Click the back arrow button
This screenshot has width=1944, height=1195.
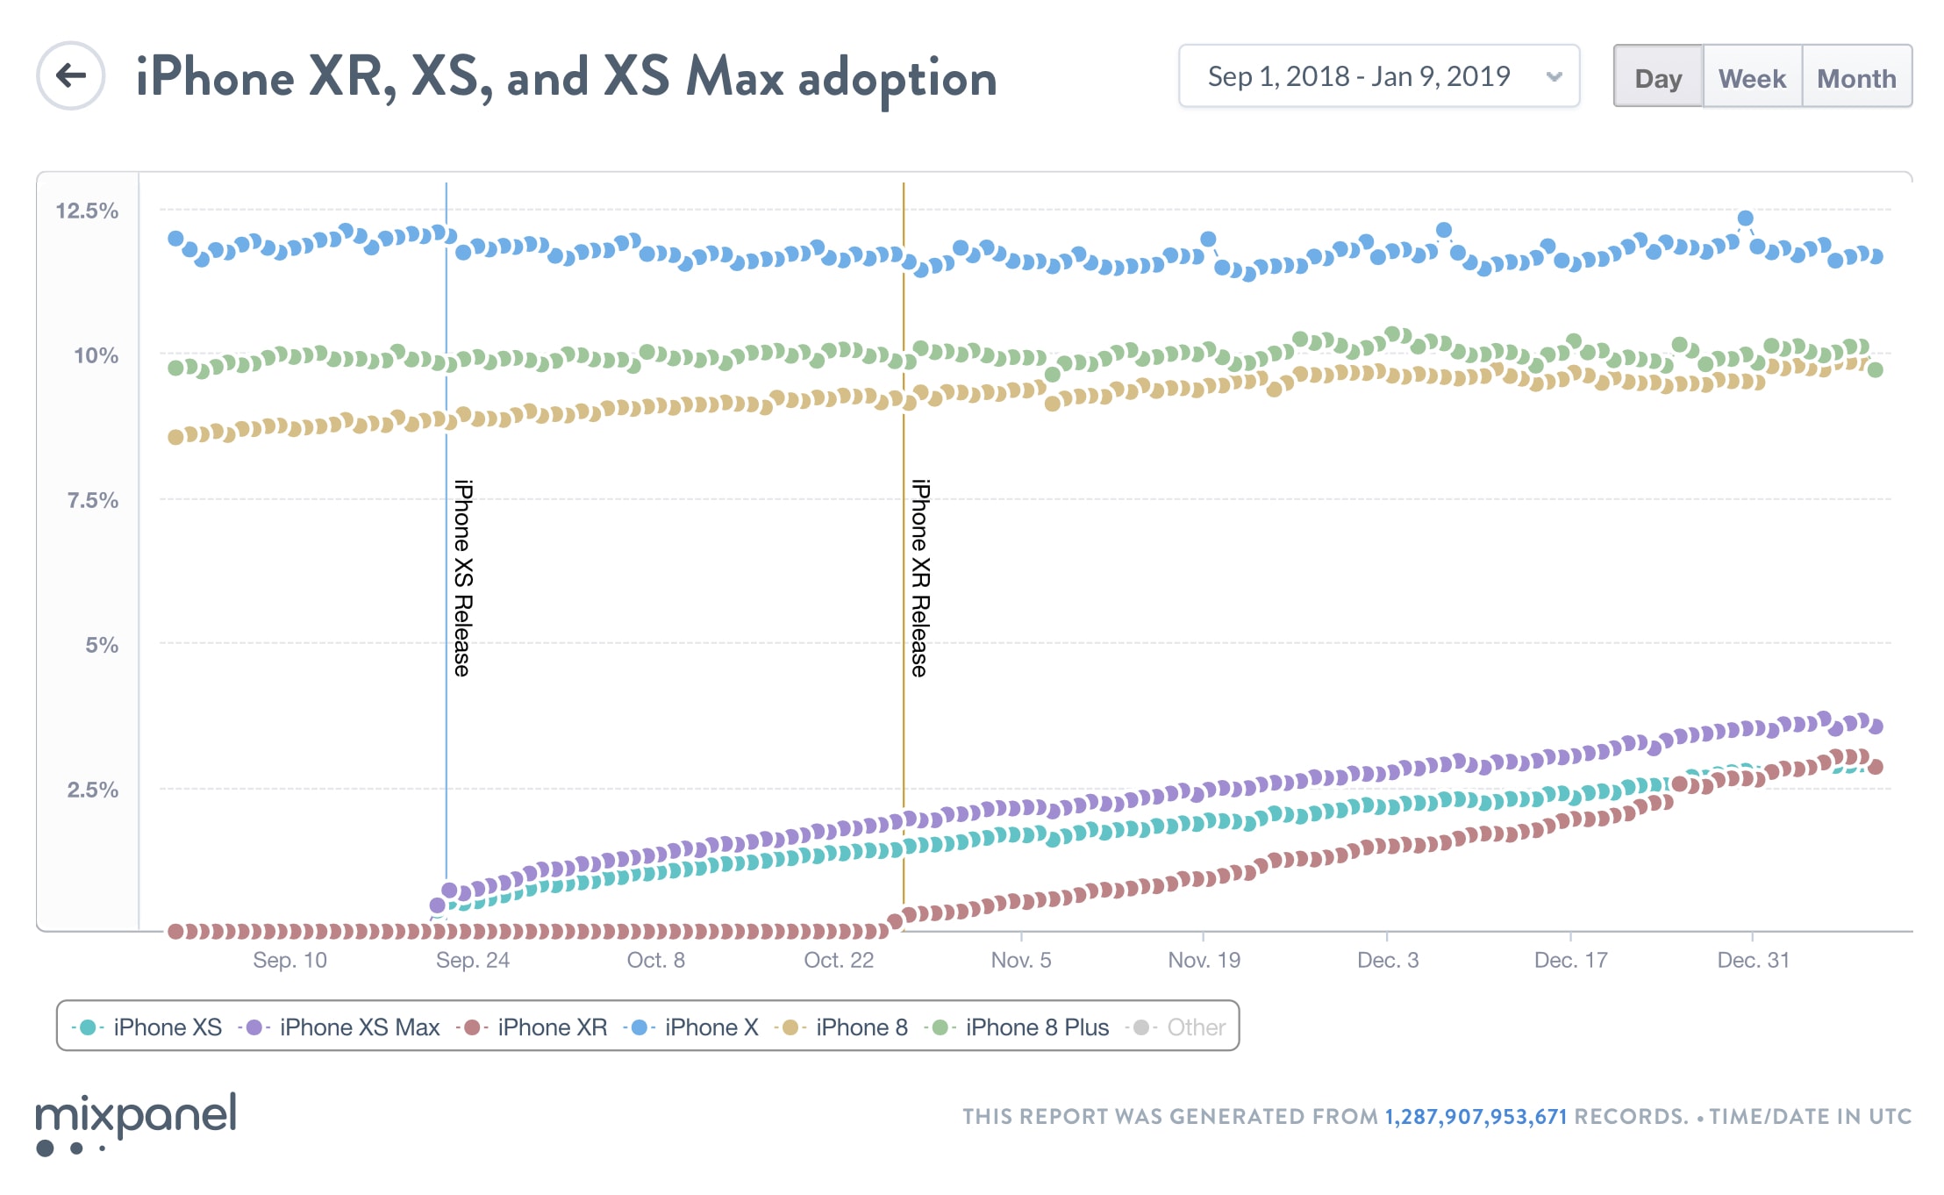(x=71, y=76)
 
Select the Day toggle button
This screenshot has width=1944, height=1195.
(x=1658, y=77)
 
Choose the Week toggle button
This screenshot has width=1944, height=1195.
(x=1752, y=77)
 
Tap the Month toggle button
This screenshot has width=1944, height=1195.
(x=1856, y=77)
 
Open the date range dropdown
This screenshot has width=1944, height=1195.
(x=1378, y=76)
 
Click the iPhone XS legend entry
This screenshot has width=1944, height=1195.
(x=148, y=1027)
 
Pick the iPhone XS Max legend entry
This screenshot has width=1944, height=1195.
(x=341, y=1027)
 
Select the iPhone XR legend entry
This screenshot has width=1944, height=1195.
(x=535, y=1027)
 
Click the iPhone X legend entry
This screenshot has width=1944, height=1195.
(x=693, y=1027)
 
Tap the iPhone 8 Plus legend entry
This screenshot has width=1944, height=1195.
(x=1021, y=1027)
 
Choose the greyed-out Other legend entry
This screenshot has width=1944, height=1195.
(x=1181, y=1027)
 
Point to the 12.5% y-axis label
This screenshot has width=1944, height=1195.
(x=87, y=211)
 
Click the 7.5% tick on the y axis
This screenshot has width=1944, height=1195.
(x=92, y=500)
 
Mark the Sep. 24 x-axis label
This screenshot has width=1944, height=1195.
(x=472, y=960)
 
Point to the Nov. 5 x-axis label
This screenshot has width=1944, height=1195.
(x=1020, y=960)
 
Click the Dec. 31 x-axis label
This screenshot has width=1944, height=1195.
(x=1752, y=960)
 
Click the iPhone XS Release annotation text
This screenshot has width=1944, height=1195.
(x=463, y=577)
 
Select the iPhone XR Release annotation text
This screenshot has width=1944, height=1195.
(x=920, y=577)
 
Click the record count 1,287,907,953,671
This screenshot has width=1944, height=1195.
(x=1476, y=1116)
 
